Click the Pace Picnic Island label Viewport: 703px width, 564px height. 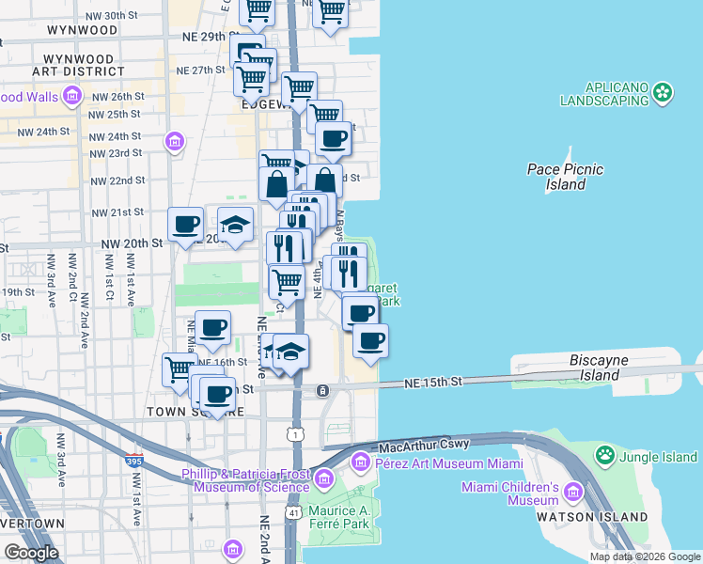(x=564, y=177)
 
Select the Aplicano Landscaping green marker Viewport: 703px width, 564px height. (x=664, y=92)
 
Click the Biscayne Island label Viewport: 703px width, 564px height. (x=605, y=368)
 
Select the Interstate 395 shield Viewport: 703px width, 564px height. (x=134, y=461)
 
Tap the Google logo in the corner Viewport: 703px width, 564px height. (x=30, y=553)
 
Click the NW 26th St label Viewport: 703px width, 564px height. (x=117, y=97)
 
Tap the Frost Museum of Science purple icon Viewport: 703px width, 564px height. (x=322, y=480)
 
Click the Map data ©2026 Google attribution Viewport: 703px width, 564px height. (x=644, y=556)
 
